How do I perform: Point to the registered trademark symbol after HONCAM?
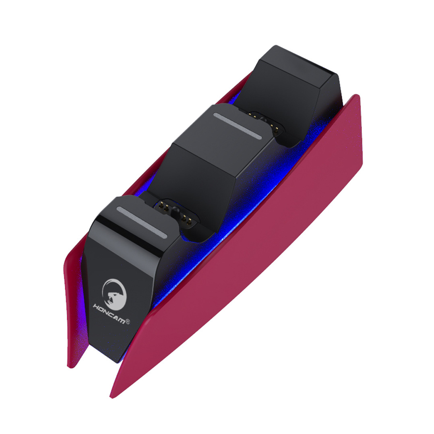click(128, 322)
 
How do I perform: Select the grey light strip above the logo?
click(141, 222)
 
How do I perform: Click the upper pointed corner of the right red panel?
click(356, 96)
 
